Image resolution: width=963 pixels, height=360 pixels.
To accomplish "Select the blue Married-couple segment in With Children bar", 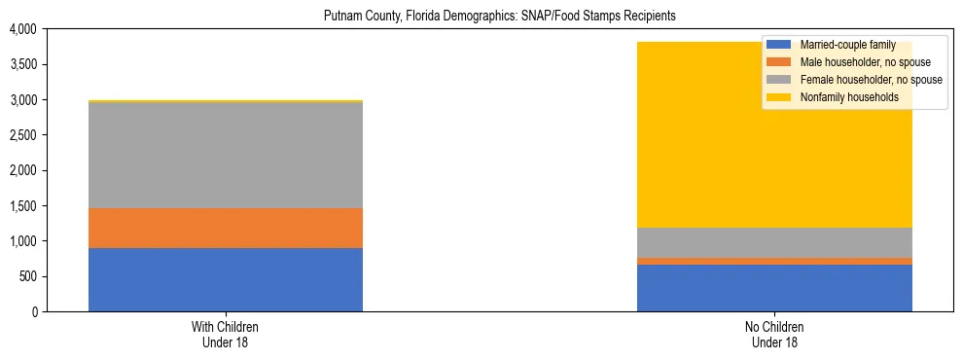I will pyautogui.click(x=226, y=279).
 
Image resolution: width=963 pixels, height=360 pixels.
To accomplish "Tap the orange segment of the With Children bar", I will pyautogui.click(x=226, y=228).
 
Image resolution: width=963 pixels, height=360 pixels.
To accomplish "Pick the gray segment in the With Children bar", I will pyautogui.click(x=226, y=155).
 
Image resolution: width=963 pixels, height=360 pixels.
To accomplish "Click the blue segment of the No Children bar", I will pyautogui.click(x=774, y=287).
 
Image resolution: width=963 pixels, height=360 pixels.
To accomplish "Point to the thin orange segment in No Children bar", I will pyautogui.click(x=774, y=261).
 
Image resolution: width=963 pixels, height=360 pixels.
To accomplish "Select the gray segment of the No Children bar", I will pyautogui.click(x=774, y=242).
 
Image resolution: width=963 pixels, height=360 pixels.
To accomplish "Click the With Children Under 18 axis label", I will pyautogui.click(x=226, y=335).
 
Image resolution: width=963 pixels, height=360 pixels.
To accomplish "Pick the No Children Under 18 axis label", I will pyautogui.click(x=774, y=335).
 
